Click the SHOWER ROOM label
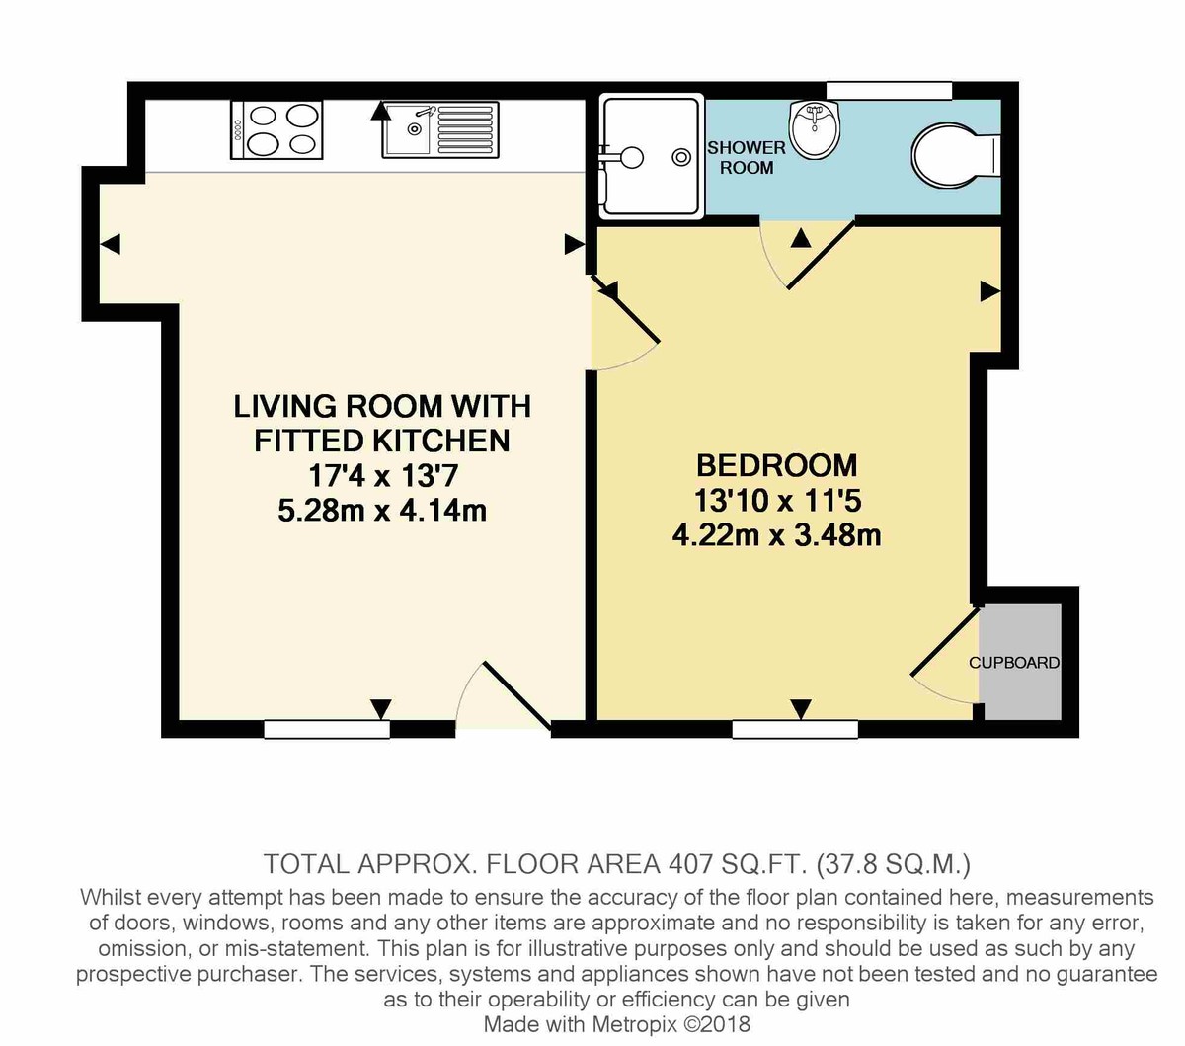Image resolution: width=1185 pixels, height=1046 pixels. [747, 158]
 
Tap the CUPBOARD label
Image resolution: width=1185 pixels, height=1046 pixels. [1014, 663]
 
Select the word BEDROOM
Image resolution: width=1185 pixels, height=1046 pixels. [776, 465]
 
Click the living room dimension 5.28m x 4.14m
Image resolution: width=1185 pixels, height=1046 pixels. [382, 511]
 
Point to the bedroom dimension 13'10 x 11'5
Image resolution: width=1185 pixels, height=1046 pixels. [776, 501]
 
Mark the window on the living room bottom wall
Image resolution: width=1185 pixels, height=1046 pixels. [327, 730]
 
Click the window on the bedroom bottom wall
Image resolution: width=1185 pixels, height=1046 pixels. [795, 730]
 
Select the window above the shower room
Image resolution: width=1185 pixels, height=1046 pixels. [889, 91]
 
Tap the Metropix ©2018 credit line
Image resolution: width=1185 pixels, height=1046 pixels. [617, 1024]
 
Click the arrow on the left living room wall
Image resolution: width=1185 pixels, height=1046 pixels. [111, 243]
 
